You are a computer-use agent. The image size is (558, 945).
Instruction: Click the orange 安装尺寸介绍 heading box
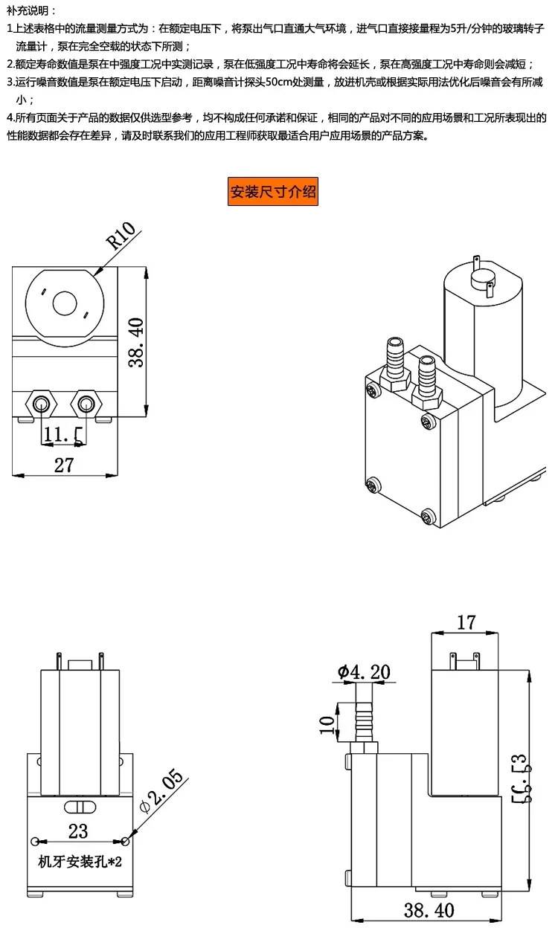[x=272, y=192]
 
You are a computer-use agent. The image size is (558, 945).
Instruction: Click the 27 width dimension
[x=65, y=465]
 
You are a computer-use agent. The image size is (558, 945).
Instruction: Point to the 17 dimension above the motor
[x=466, y=622]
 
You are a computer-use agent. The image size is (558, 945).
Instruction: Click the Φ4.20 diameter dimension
[x=364, y=672]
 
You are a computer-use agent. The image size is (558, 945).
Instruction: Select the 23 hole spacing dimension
[x=78, y=830]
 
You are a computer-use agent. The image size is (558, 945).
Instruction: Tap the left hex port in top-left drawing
[x=39, y=404]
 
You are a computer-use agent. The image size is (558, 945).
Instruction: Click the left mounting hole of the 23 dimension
[x=36, y=841]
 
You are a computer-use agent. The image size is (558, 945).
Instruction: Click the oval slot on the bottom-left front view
[x=78, y=807]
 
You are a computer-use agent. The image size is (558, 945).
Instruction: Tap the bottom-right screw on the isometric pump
[x=427, y=515]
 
